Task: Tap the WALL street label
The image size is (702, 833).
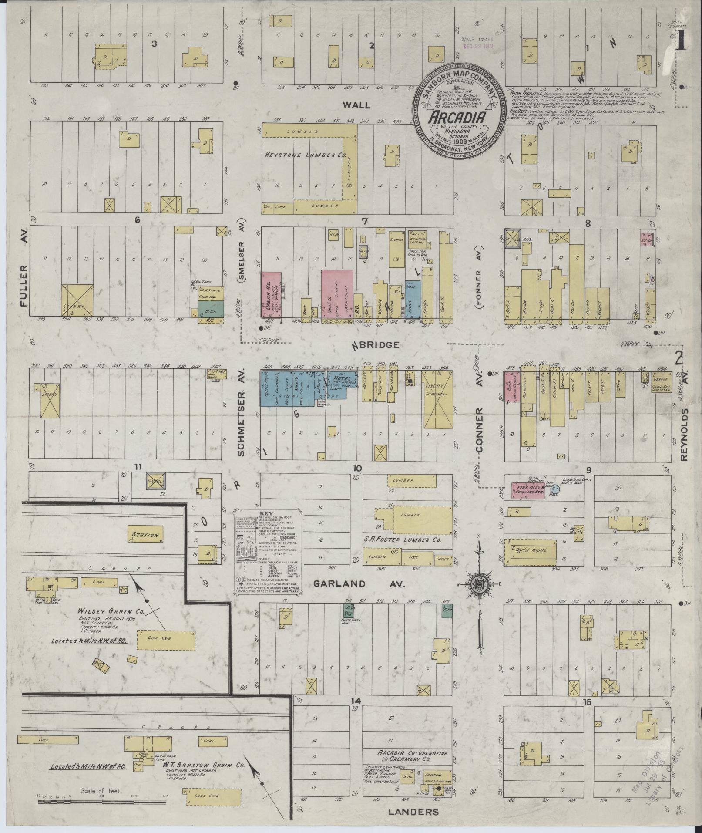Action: [356, 105]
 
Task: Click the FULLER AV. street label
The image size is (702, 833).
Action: [24, 284]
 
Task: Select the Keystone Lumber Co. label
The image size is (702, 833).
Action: [304, 155]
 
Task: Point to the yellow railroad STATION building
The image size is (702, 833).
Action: [145, 535]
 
